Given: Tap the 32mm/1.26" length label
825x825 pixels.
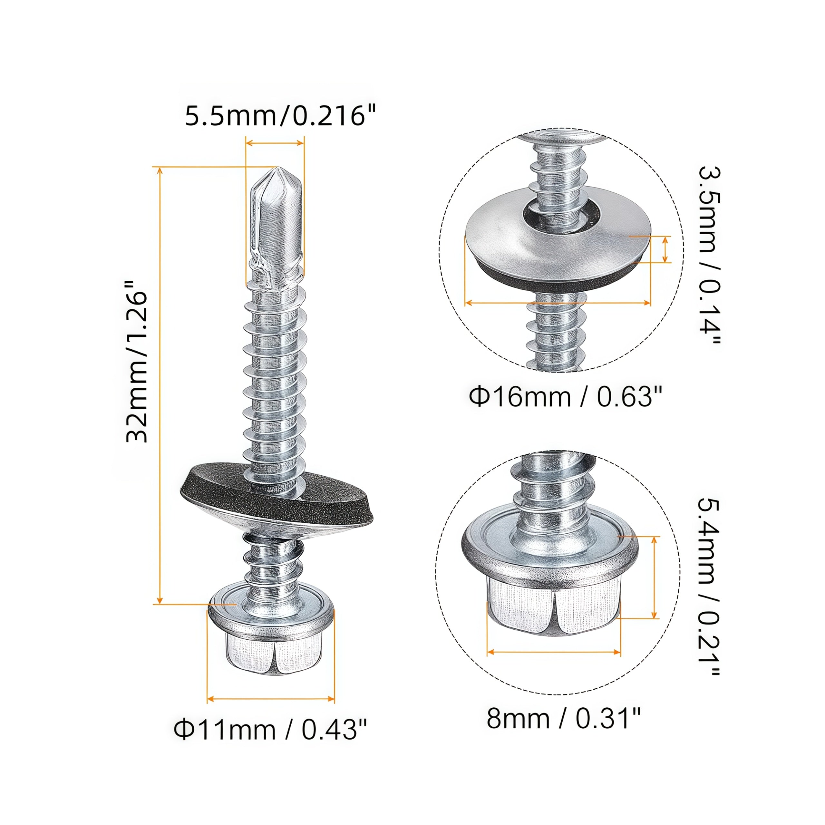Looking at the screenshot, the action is (x=137, y=361).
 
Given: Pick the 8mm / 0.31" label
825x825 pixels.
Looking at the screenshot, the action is (x=564, y=718).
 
